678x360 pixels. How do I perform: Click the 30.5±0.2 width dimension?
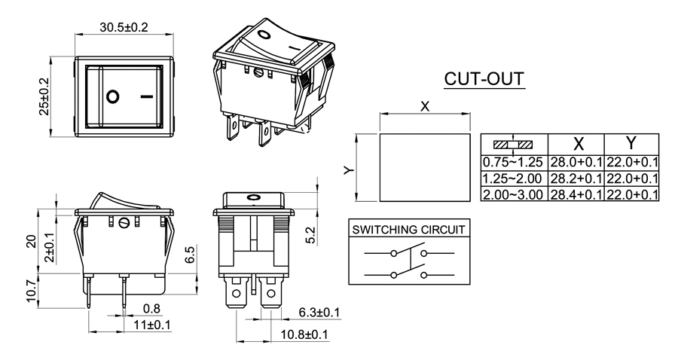tap(124, 27)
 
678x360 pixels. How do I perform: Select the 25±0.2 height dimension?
tap(43, 96)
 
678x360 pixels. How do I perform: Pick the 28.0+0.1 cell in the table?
tap(576, 162)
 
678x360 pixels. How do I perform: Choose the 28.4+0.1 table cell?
tap(576, 194)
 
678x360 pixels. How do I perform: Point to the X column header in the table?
tap(578, 144)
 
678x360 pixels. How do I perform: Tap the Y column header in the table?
tap(631, 144)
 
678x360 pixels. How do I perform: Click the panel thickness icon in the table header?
tap(513, 144)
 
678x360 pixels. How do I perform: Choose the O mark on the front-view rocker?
tap(112, 96)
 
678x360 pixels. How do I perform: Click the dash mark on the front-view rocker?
tap(147, 96)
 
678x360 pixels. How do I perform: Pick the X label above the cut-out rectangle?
tap(425, 107)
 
